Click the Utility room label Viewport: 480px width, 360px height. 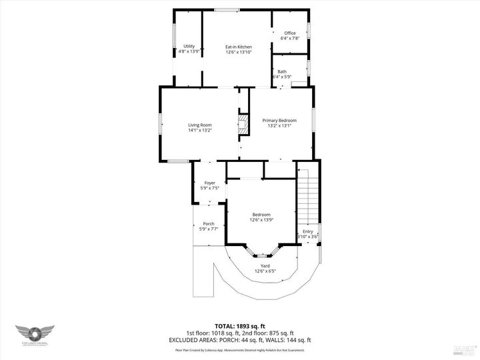tap(189, 46)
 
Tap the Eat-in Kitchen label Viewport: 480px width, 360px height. tap(238, 46)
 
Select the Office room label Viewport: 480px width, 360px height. tap(290, 33)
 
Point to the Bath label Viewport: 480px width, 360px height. tap(282, 71)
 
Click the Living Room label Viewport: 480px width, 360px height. tap(199, 125)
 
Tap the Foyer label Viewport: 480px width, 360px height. tap(209, 183)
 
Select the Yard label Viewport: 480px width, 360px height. tap(265, 266)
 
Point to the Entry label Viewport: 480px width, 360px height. tap(307, 231)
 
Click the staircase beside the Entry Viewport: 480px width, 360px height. tap(307, 197)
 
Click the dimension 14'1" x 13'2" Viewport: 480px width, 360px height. tap(199, 130)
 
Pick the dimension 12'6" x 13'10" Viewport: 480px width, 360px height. tap(238, 51)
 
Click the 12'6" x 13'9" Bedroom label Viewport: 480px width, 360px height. tap(261, 217)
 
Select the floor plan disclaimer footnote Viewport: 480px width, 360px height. tap(239, 349)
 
